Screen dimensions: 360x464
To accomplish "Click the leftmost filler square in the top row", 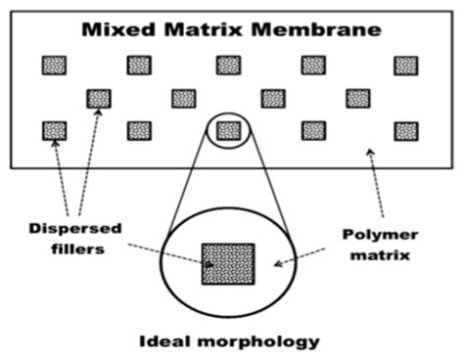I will [x=54, y=66].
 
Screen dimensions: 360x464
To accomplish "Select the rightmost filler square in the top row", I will [x=405, y=66].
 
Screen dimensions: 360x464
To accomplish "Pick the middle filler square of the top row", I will [x=228, y=66].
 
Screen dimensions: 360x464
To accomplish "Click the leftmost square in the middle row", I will [x=99, y=98].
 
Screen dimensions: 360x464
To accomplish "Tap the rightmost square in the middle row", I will [x=357, y=98].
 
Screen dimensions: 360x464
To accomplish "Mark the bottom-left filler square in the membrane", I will [x=54, y=130].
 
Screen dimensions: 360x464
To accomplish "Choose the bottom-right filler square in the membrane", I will [x=405, y=130].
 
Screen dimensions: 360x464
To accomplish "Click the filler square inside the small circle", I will [x=228, y=130].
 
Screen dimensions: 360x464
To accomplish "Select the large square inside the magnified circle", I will [x=228, y=263].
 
